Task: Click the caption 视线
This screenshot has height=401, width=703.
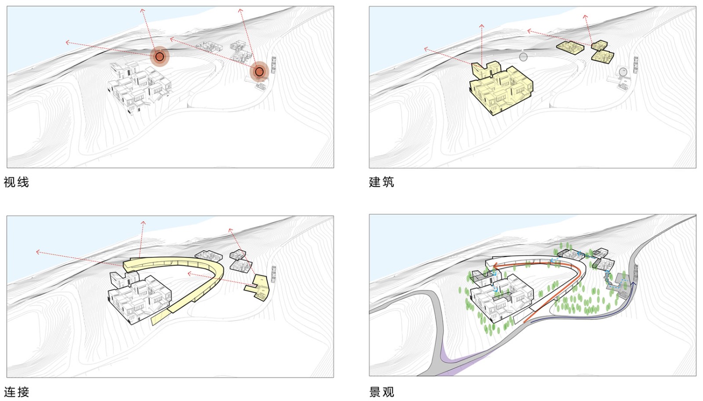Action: (16, 182)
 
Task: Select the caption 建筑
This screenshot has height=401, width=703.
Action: (381, 182)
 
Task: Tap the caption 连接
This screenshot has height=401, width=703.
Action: (17, 392)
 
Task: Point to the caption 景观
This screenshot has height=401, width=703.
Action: (381, 392)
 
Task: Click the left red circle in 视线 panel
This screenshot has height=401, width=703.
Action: (159, 57)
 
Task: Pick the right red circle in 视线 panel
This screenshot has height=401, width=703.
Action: (259, 71)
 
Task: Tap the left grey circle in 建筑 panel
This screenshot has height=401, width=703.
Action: (523, 57)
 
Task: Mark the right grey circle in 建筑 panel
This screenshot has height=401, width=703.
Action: (623, 72)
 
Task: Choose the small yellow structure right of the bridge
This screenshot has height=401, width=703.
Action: (259, 286)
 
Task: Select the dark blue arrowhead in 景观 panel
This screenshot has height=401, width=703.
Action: (634, 285)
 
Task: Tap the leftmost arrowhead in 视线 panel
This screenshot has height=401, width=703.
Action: (67, 42)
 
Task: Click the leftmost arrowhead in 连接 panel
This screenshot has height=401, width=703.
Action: (38, 252)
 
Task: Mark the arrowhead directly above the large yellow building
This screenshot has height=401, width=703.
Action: (482, 26)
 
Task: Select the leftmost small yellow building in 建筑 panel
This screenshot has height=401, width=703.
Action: (570, 47)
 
